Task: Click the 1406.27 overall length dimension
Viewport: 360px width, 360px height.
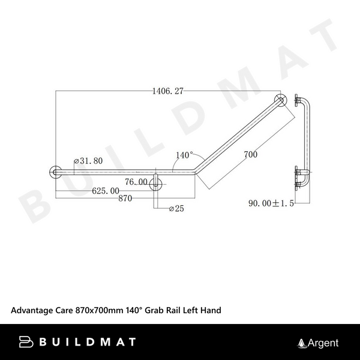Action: [x=167, y=91]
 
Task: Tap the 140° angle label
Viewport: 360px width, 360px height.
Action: [x=184, y=155]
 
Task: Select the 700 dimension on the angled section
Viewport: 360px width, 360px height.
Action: [x=251, y=155]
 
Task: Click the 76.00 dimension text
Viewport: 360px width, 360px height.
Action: [x=136, y=182]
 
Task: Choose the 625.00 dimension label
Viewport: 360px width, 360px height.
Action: [x=105, y=191]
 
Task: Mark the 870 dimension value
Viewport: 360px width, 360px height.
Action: [x=125, y=198]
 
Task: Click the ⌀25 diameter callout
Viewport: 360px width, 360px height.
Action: [x=178, y=209]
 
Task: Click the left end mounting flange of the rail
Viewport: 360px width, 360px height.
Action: [x=55, y=172]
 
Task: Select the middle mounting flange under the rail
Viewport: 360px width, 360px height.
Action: [x=156, y=182]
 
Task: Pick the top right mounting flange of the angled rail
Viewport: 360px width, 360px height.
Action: [x=280, y=100]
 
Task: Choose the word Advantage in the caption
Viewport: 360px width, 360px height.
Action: [x=32, y=310]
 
